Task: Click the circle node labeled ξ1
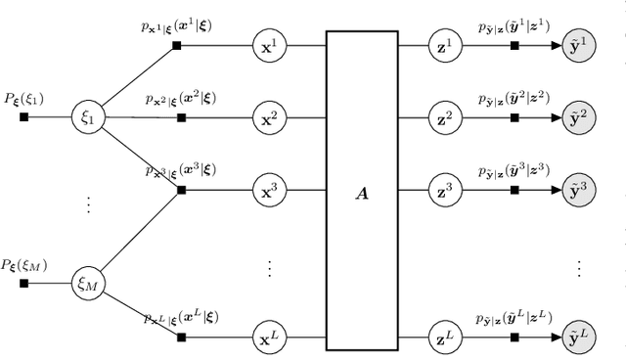[x=87, y=117]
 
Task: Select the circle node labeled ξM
[x=87, y=284]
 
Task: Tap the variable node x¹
[x=267, y=46]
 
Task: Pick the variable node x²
[x=267, y=117]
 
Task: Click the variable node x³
[x=267, y=189]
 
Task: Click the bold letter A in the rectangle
[x=363, y=194]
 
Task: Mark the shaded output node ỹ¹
[x=581, y=46]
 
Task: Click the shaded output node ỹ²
[x=581, y=117]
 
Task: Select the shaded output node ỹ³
[x=581, y=189]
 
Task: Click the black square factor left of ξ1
[x=24, y=117]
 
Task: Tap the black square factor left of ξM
[x=24, y=284]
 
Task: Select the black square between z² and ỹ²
[x=514, y=117]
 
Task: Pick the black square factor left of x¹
[x=177, y=46]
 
